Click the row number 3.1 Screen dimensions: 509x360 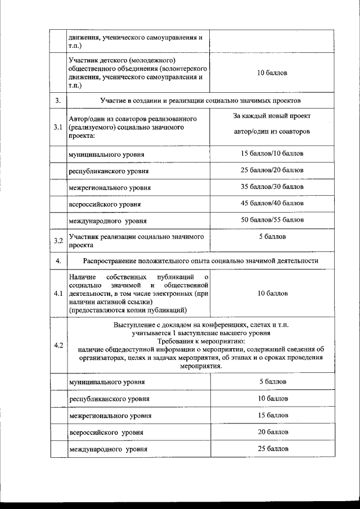(57, 127)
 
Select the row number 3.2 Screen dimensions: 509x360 (57, 241)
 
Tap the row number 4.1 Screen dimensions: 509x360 (57, 294)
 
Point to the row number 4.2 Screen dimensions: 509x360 (57, 345)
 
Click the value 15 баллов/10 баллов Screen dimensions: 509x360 (272, 153)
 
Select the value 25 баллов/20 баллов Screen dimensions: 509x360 (272, 169)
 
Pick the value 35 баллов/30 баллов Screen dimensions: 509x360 (272, 186)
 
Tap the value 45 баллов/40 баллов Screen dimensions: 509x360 (272, 202)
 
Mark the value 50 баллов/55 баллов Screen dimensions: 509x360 (272, 219)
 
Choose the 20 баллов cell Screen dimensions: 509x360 (273, 431)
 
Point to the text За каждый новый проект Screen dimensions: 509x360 (272, 116)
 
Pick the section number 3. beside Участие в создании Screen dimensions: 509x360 (57, 101)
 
